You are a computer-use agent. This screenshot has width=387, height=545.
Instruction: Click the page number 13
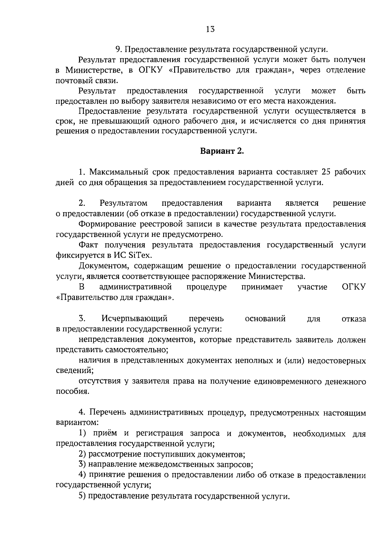210,30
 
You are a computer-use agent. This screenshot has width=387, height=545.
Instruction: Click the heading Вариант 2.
222,151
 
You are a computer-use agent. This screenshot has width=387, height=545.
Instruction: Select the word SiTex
139,255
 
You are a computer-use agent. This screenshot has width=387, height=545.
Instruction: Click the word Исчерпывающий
134,319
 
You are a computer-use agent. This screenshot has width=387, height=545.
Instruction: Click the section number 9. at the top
118,50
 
